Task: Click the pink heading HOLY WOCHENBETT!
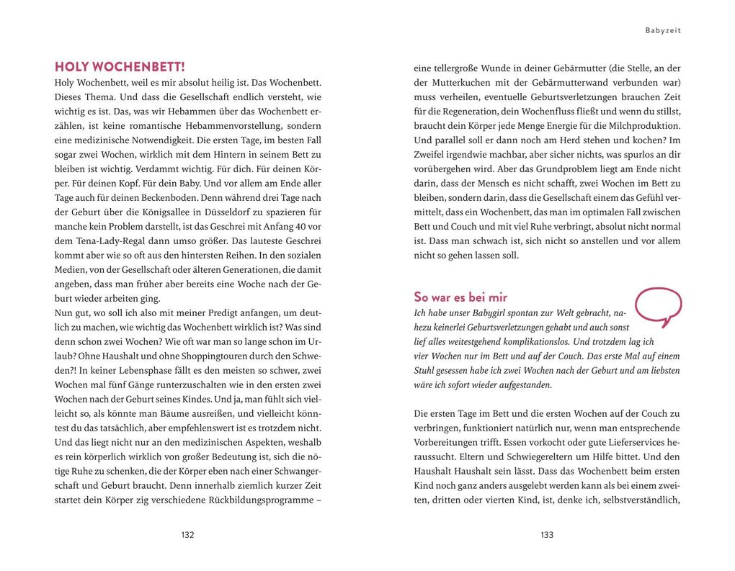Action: (120, 67)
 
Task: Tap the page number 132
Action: (187, 535)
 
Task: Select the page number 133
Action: (547, 535)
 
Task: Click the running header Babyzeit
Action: (663, 31)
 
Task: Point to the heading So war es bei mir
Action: (460, 297)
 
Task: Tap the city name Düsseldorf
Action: (238, 212)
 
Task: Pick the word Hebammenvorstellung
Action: (227, 125)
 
